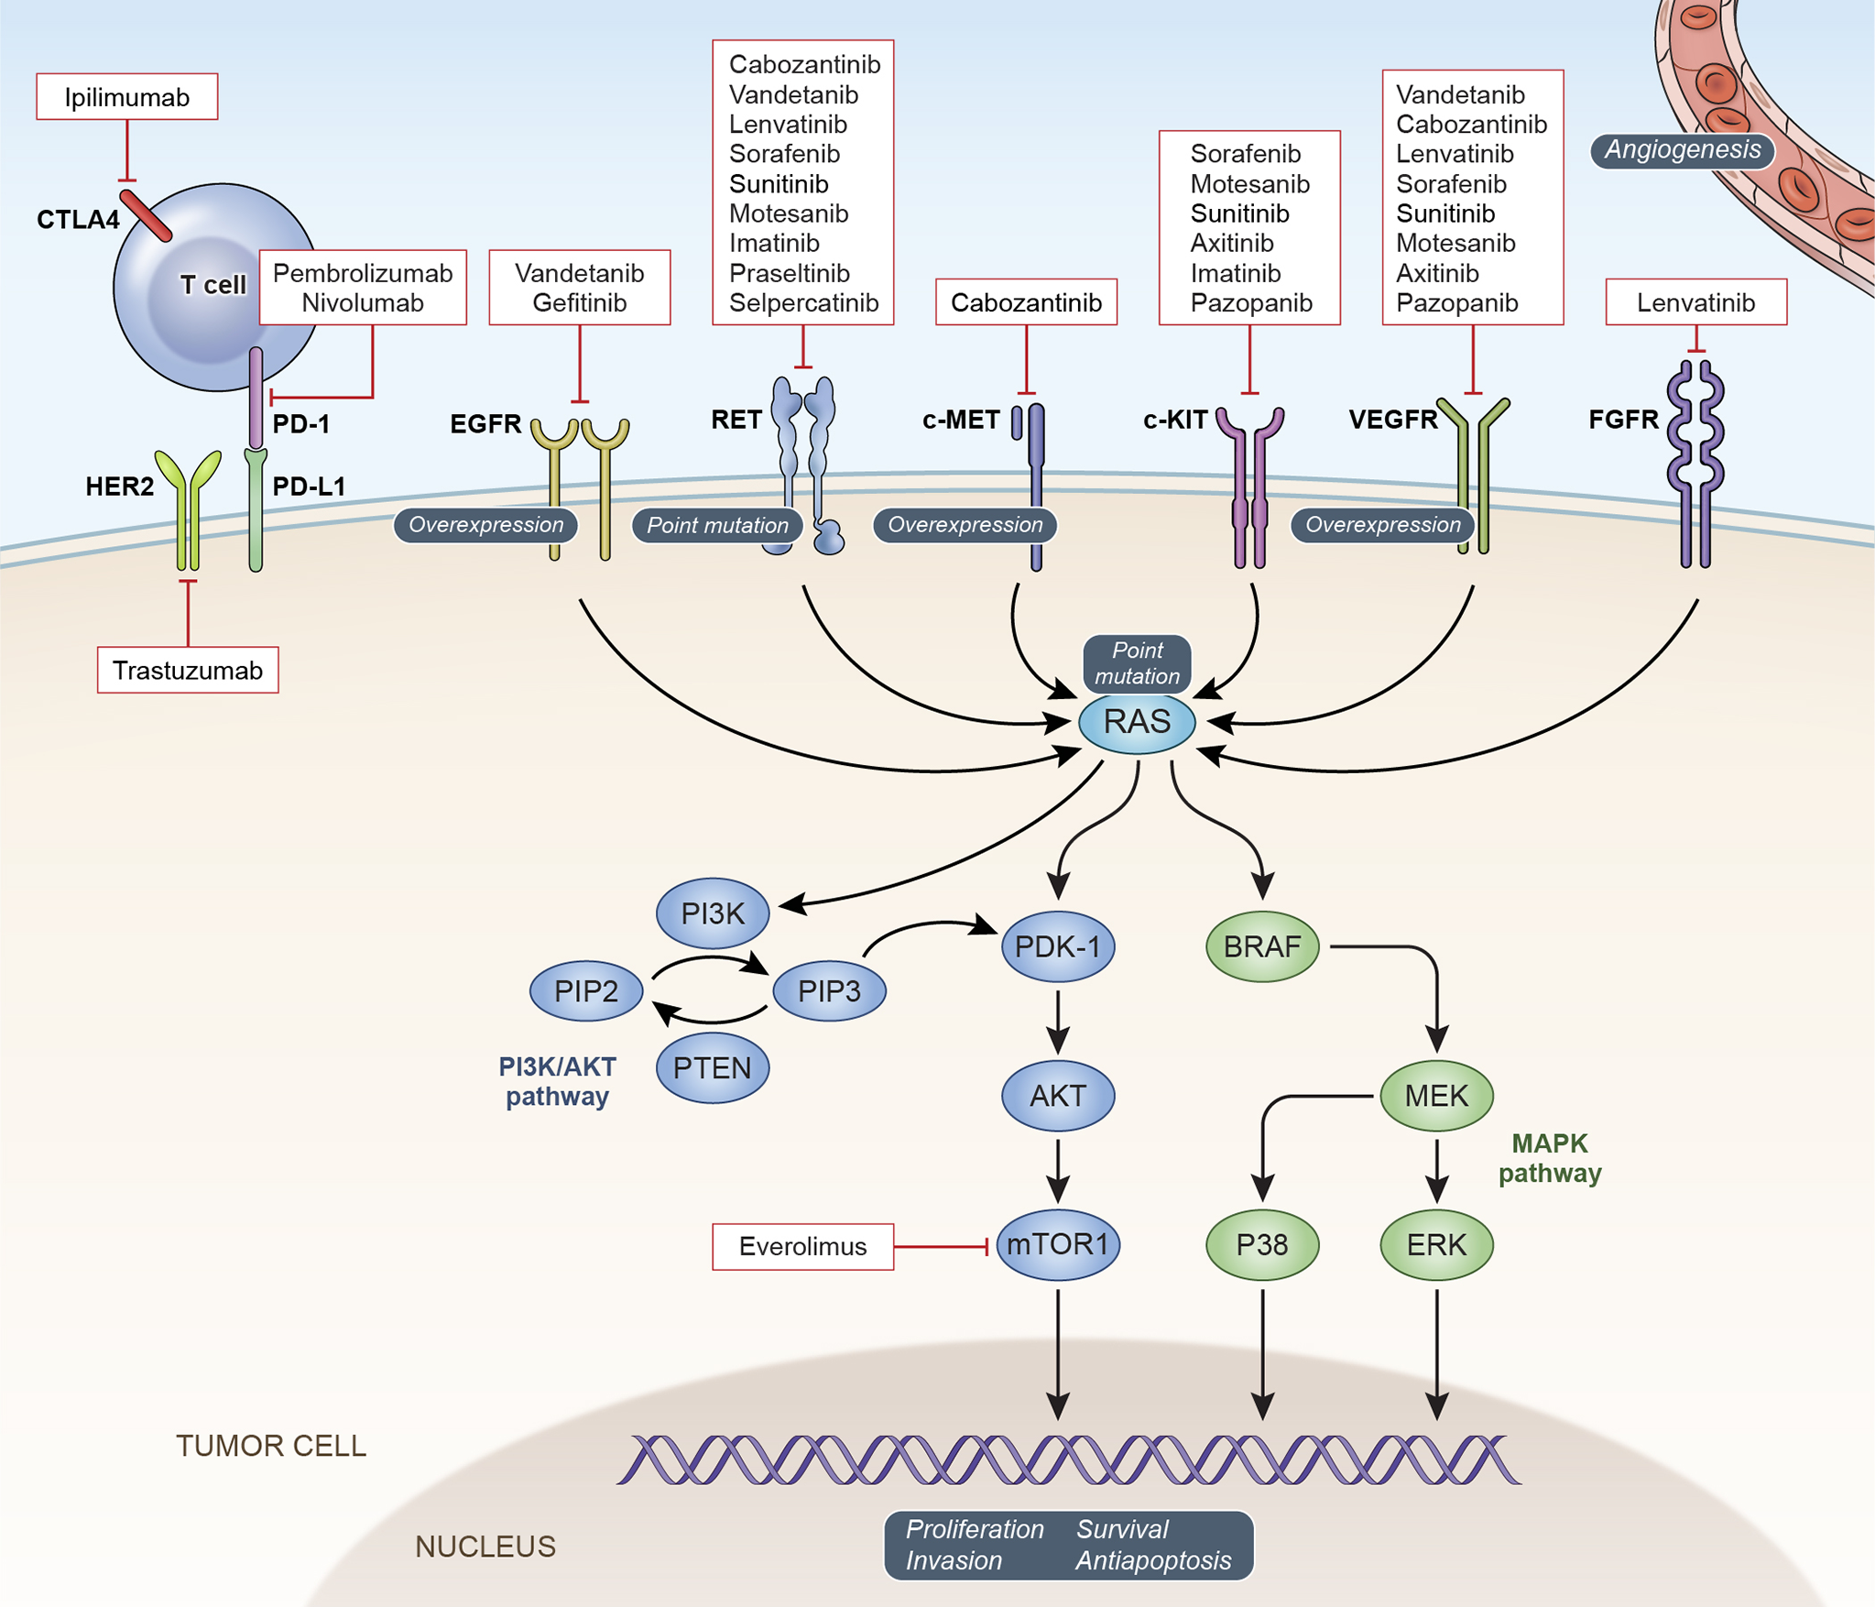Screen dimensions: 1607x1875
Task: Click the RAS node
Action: (x=1137, y=722)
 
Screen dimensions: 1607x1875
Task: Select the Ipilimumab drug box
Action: (x=127, y=97)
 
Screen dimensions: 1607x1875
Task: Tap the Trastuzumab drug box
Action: (x=188, y=671)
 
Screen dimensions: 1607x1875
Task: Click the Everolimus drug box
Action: (x=802, y=1246)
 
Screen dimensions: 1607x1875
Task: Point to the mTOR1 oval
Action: (x=1058, y=1244)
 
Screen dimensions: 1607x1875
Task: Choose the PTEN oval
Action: (x=712, y=1067)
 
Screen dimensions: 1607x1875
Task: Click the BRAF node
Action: (x=1262, y=946)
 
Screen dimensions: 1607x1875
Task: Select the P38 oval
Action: (x=1262, y=1245)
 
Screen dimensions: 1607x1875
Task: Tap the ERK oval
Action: (x=1436, y=1245)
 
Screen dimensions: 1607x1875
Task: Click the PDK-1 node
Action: (x=1058, y=946)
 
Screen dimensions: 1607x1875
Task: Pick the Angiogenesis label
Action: (x=1683, y=150)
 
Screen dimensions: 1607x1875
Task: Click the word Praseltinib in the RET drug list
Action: (x=790, y=273)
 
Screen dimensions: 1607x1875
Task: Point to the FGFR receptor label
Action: (x=1623, y=420)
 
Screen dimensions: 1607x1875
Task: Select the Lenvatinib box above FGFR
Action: (x=1695, y=302)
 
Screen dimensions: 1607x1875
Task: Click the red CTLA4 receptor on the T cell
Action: (x=146, y=215)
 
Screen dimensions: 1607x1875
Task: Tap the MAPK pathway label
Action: (x=1550, y=1158)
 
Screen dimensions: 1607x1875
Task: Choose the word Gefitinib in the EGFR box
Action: (x=580, y=303)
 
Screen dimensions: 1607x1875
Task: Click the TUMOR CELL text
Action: (x=271, y=1446)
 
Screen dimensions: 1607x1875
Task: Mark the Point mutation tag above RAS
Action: (x=1138, y=663)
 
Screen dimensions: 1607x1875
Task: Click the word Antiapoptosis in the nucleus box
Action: (x=1153, y=1560)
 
